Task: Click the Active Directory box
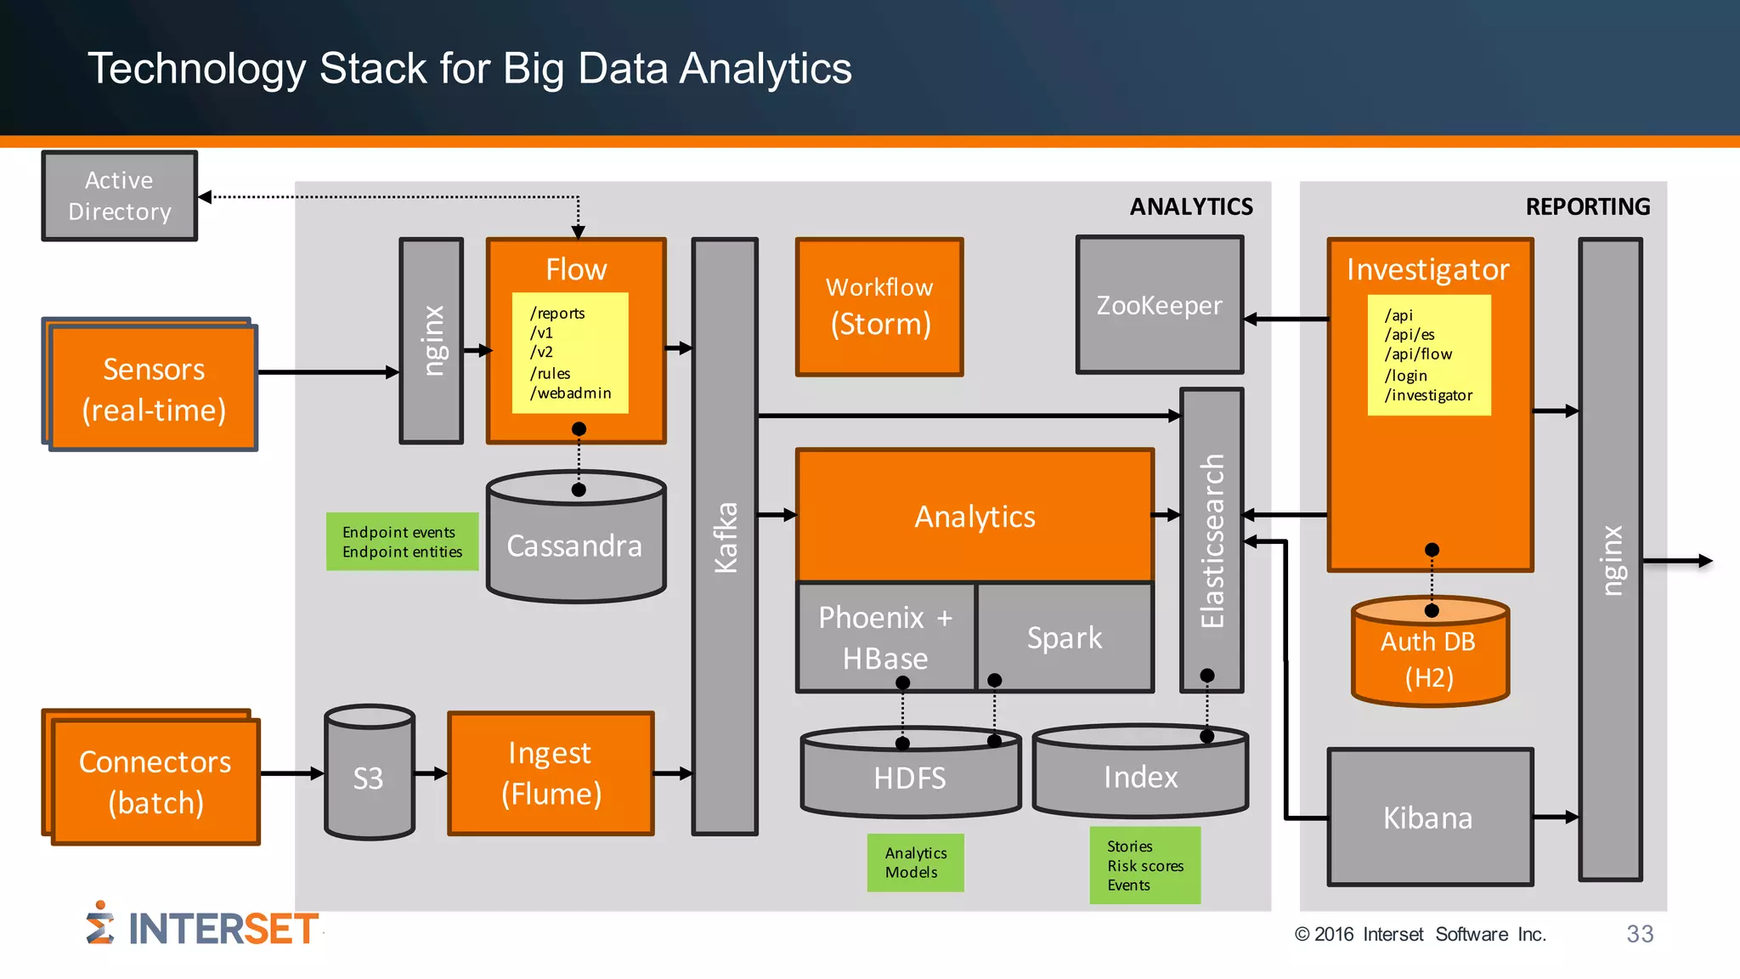coord(119,196)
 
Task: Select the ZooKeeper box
coord(1159,305)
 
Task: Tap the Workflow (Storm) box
coord(879,307)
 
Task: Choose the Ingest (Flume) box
coord(551,773)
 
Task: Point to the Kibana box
coord(1429,818)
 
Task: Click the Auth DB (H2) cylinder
coord(1429,659)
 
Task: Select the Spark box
coord(1065,637)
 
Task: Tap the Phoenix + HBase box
coord(885,637)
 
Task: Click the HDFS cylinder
coord(910,778)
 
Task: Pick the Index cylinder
coord(1140,777)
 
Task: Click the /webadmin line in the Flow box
coord(570,393)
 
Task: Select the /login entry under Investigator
coord(1406,376)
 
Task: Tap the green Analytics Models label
coord(915,863)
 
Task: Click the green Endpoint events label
coord(399,533)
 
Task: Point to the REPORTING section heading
coord(1587,207)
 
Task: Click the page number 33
coord(1639,934)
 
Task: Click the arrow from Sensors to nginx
coord(327,372)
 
